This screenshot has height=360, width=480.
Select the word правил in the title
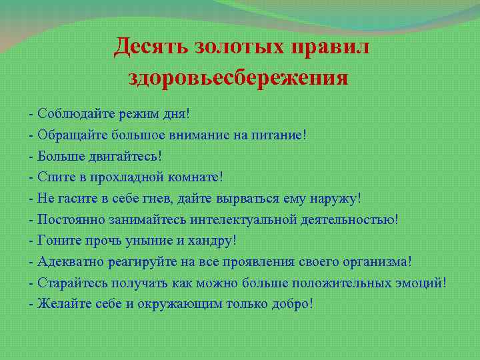click(x=333, y=47)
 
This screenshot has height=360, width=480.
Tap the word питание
click(x=279, y=135)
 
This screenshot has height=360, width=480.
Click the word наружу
click(x=338, y=199)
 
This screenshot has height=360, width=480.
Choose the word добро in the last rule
click(x=291, y=304)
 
